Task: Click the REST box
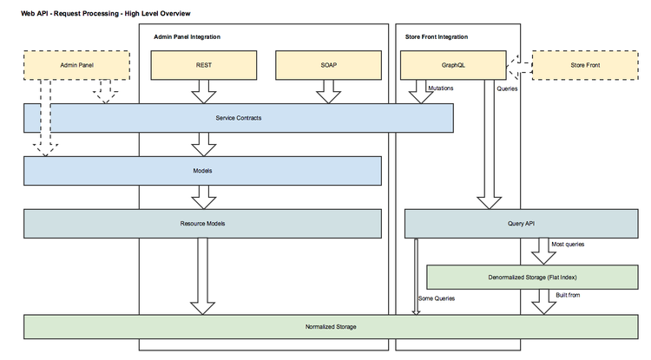(x=204, y=65)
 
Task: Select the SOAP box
(x=327, y=65)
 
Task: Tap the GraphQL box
(x=452, y=65)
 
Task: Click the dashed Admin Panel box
(x=76, y=65)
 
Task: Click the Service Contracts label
(x=238, y=118)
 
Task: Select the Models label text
(x=202, y=171)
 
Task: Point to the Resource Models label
(x=202, y=224)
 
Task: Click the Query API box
(x=520, y=224)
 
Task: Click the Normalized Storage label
(x=330, y=326)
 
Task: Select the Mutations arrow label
(x=444, y=88)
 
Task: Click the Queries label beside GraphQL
(x=509, y=88)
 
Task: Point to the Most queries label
(x=569, y=245)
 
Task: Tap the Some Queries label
(x=437, y=298)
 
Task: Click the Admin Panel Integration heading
(x=187, y=37)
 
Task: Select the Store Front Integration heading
(x=437, y=37)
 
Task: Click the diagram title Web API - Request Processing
(x=106, y=14)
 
